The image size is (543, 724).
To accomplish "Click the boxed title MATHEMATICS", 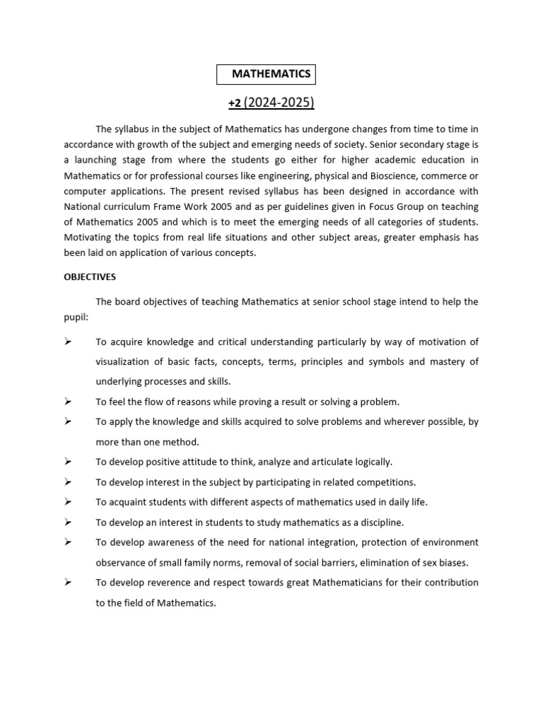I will tap(271, 74).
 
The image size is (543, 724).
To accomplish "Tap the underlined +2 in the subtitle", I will tap(235, 103).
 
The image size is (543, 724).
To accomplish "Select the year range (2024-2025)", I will tap(279, 103).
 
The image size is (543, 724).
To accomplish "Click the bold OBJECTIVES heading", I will tap(90, 276).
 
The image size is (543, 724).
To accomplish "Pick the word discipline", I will tap(380, 522).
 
